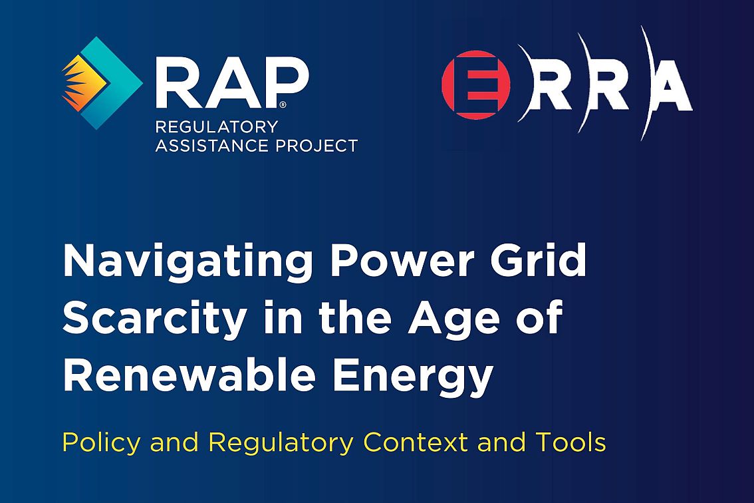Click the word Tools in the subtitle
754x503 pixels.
[569, 442]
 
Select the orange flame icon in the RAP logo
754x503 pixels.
[84, 83]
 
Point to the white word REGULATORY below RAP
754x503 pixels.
[216, 127]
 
